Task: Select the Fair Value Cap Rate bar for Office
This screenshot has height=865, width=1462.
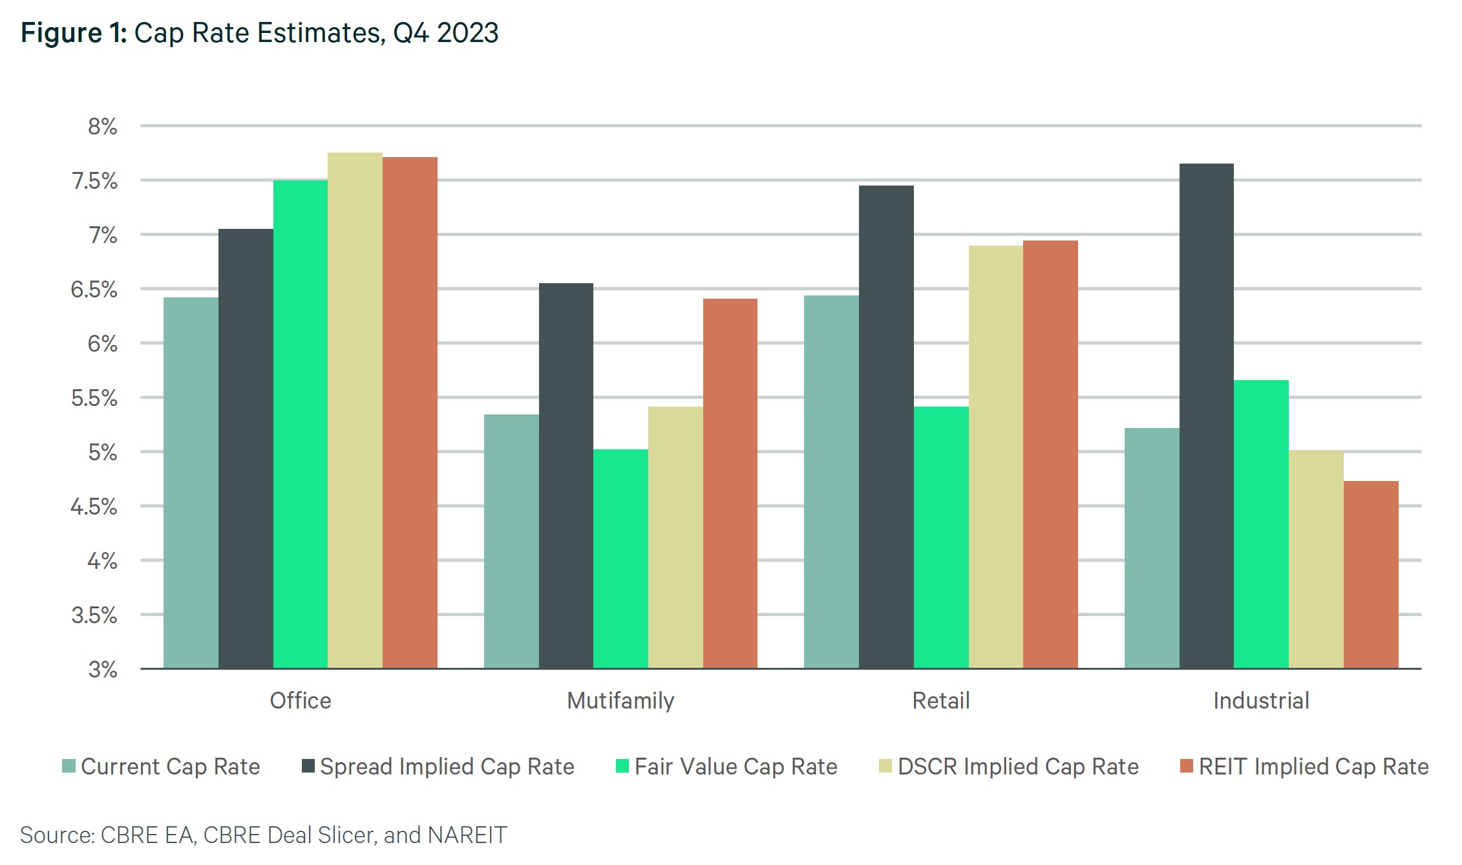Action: [300, 424]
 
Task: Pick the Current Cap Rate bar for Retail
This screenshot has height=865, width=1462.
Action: [831, 482]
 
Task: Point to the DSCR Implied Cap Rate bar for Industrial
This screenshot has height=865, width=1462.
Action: [1316, 559]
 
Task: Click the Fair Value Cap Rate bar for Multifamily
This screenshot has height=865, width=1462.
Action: [620, 559]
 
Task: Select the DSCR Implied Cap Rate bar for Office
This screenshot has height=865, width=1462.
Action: [355, 411]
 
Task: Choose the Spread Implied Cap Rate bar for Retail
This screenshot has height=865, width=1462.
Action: [886, 427]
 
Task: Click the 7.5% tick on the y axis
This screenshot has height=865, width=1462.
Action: [95, 181]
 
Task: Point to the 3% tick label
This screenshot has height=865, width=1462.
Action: [103, 669]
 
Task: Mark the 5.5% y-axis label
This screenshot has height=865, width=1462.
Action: [94, 398]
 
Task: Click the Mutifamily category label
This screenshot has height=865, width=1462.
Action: [620, 701]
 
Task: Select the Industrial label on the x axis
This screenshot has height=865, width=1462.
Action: [1261, 701]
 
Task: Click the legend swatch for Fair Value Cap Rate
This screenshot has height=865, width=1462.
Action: [622, 767]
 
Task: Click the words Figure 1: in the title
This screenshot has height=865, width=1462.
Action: [74, 33]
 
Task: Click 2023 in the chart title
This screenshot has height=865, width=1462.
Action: [467, 33]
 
